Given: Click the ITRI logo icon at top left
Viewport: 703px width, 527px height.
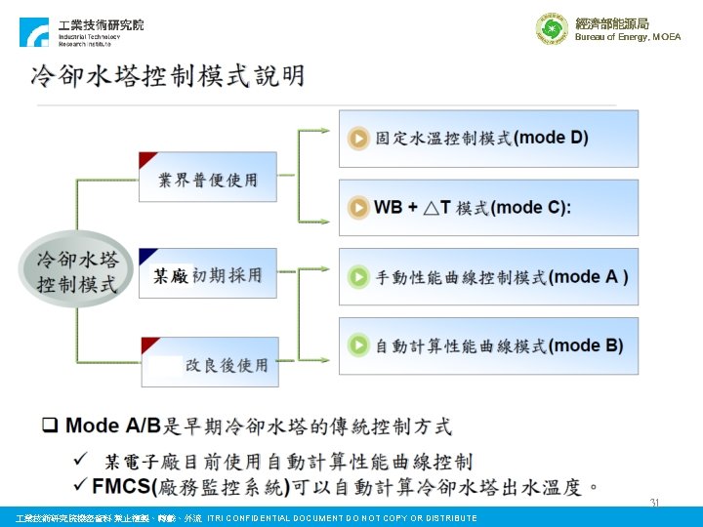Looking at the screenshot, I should [33, 32].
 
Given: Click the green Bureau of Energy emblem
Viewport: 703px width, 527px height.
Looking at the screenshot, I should [552, 29].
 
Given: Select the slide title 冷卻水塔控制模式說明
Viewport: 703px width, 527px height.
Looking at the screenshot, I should [167, 76].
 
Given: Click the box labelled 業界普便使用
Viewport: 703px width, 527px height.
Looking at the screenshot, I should [207, 178].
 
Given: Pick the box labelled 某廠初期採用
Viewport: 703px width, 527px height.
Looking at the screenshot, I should [207, 274].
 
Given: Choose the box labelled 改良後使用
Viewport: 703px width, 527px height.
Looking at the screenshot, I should [209, 363].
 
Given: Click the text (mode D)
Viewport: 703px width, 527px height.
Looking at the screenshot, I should [551, 138].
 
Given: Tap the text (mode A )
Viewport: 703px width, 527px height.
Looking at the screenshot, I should [589, 277].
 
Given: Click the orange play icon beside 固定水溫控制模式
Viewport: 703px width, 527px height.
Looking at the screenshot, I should [359, 139].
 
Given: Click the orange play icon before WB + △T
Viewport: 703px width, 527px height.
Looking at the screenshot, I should [359, 207].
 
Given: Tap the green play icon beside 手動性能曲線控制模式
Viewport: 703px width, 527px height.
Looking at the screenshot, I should [359, 277].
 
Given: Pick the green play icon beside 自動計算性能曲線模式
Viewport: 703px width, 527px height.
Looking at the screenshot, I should [359, 345].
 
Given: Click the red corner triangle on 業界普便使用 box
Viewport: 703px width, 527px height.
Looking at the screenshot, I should [147, 159].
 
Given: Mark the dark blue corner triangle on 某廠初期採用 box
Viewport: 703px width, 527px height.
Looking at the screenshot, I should [147, 256].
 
